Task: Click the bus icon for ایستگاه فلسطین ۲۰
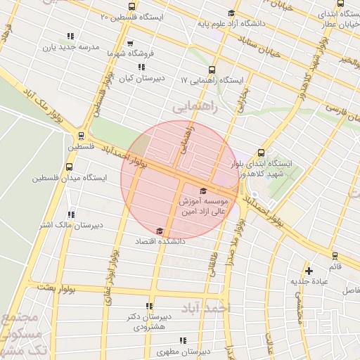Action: pos(105,15)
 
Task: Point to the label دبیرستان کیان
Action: pos(141,78)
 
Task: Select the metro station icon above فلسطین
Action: pos(81,136)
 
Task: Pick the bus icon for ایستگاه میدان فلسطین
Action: pos(69,167)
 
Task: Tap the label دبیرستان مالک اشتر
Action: pos(69,225)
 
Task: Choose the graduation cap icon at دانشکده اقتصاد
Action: pos(160,231)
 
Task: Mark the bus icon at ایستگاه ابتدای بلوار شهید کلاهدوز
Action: pos(262,153)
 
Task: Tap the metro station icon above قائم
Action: pos(335,257)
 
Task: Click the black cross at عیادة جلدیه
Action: pos(309,270)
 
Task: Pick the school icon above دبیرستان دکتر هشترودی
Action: pos(148,306)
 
